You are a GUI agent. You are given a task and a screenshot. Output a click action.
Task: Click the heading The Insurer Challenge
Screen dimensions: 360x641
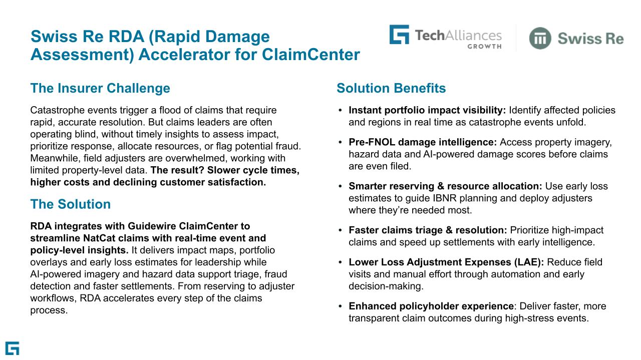tap(100, 89)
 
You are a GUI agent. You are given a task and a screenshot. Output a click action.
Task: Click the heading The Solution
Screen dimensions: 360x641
tap(70, 204)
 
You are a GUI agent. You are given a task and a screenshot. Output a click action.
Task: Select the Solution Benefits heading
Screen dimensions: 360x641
tap(391, 89)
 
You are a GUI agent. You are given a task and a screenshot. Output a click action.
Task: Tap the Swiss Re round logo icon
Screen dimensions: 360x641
tap(540, 39)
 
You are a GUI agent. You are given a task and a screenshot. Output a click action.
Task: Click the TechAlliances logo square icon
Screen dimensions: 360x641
tap(399, 35)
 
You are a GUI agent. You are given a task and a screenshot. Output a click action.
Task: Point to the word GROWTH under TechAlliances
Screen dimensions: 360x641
tap(484, 47)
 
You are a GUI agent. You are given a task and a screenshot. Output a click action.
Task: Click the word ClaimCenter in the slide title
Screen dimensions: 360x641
tap(310, 55)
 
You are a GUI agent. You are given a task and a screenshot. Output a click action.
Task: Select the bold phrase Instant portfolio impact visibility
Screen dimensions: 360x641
tap(427, 110)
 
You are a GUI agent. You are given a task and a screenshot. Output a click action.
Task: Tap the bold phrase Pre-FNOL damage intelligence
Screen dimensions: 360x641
tap(422, 142)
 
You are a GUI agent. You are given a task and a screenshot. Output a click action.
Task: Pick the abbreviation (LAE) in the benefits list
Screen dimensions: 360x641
tap(529, 262)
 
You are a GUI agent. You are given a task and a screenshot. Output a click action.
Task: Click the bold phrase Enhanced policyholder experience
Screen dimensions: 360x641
tap(431, 306)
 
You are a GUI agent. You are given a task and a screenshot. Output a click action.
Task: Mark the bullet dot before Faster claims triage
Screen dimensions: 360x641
tap(341, 230)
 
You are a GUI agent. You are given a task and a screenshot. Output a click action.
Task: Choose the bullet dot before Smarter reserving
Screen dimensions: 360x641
tap(341, 187)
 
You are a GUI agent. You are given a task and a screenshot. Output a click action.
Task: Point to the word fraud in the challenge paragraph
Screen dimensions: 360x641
tap(288, 146)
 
